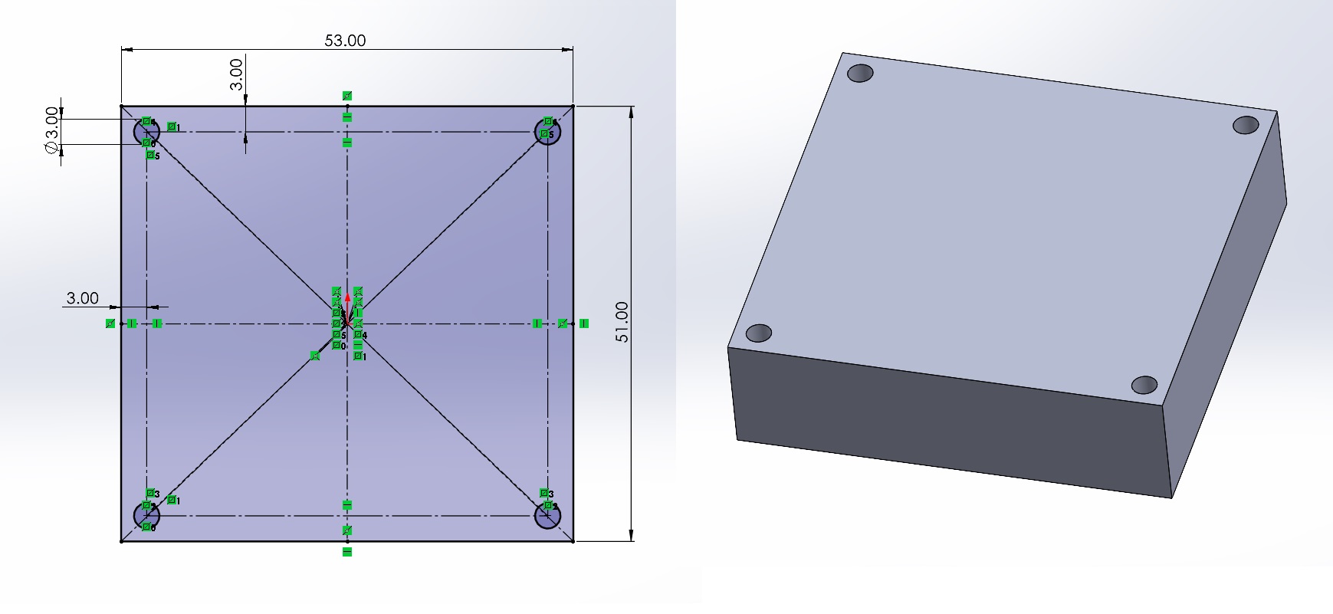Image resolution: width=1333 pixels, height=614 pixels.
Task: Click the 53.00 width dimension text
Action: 345,41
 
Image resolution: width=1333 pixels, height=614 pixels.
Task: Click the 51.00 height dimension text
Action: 622,322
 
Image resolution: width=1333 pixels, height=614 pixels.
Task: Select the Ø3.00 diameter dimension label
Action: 51,131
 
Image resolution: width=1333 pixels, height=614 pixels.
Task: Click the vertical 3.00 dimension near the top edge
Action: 237,74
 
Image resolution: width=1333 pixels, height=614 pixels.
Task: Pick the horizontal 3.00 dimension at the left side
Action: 82,298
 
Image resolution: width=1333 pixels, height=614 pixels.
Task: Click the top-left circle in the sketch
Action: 146,133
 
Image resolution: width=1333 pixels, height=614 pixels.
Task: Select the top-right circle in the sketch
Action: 548,133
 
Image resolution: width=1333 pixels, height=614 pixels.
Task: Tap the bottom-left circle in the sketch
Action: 146,516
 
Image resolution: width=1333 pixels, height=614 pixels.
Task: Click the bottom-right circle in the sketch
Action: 548,516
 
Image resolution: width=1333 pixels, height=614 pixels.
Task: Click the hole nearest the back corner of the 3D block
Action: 860,74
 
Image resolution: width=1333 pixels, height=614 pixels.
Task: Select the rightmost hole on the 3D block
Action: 1246,124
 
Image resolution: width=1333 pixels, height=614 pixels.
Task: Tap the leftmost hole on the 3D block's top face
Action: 758,333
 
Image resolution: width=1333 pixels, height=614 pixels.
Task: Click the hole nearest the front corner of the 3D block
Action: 1144,384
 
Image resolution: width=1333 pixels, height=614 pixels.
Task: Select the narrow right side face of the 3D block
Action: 1226,307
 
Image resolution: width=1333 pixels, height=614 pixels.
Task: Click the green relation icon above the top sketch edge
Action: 347,96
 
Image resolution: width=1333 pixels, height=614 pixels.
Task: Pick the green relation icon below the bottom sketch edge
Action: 347,552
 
